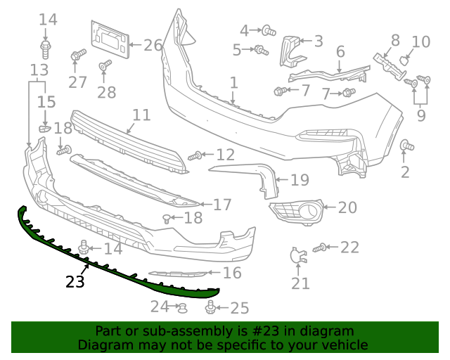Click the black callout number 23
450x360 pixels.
[75, 282]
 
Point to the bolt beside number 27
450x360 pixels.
[77, 54]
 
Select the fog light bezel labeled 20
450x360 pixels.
[295, 209]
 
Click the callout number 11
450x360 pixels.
[141, 115]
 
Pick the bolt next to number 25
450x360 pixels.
[211, 307]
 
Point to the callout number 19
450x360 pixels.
[300, 180]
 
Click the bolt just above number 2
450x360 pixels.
[406, 146]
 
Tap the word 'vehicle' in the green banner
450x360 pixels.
[344, 345]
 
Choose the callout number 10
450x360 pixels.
[420, 42]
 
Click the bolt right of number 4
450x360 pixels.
[268, 30]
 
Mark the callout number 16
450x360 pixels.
[232, 273]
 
